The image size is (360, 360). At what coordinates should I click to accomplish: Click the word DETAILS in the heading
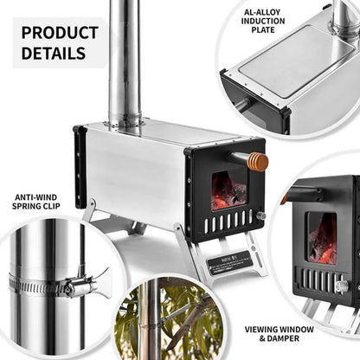click(54, 53)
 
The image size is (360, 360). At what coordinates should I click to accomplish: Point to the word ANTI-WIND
click(35, 197)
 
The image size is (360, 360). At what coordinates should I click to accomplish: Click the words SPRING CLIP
click(35, 208)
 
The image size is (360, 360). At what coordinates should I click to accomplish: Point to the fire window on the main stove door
click(229, 190)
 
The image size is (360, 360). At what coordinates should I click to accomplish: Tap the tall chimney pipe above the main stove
click(125, 61)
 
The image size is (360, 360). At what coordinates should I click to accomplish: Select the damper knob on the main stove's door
click(260, 215)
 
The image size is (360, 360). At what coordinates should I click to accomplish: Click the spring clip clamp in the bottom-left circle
click(74, 284)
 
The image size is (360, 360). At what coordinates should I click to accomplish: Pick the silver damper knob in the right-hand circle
click(341, 286)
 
